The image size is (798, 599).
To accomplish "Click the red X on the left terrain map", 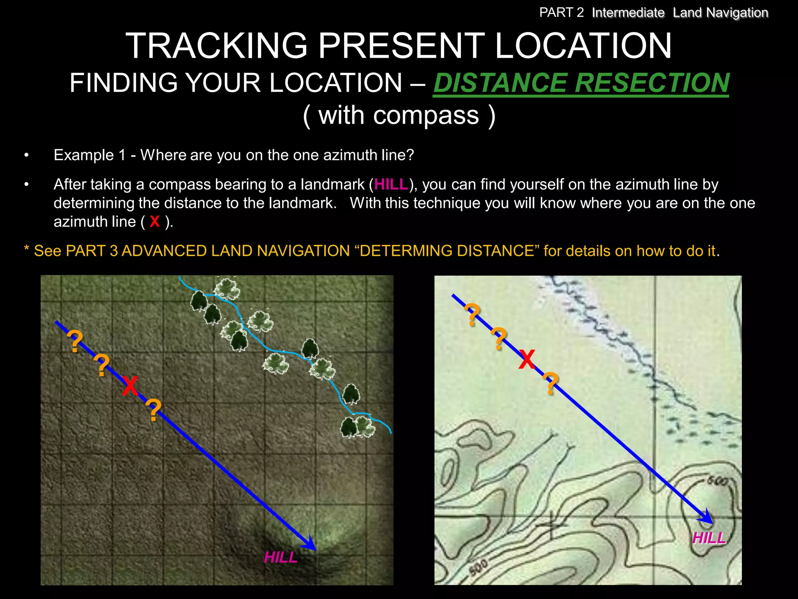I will pyautogui.click(x=130, y=386).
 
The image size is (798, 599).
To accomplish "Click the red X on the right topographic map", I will pyautogui.click(x=527, y=359).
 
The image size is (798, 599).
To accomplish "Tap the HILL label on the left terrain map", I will pyautogui.click(x=281, y=557).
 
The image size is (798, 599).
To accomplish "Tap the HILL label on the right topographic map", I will pyautogui.click(x=709, y=538).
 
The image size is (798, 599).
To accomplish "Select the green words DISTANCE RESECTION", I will pyautogui.click(x=581, y=83).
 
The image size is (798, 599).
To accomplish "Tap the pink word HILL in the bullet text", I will pyautogui.click(x=391, y=184).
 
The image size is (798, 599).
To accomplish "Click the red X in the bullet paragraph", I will pyautogui.click(x=155, y=222).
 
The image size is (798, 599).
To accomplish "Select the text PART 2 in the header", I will pyautogui.click(x=561, y=13).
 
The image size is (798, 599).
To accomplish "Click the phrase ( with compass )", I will pyautogui.click(x=399, y=115).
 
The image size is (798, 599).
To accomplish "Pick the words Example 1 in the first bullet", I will pyautogui.click(x=90, y=155).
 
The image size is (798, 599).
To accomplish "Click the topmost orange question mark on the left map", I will pyautogui.click(x=75, y=342).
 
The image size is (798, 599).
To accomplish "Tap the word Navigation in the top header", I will pyautogui.click(x=737, y=13).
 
